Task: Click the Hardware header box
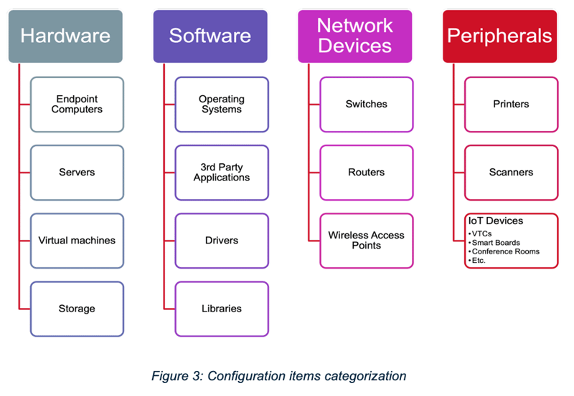pos(65,36)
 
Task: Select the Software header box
pos(210,36)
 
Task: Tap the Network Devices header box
pos(354,36)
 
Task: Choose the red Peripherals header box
pos(499,36)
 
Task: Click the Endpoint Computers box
pos(77,105)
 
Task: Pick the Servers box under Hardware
pos(77,173)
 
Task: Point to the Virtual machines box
pos(77,241)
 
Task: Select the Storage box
pos(77,309)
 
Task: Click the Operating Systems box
pos(222,105)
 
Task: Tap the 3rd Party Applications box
pos(222,173)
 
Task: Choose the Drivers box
pos(222,241)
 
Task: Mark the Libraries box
pos(222,309)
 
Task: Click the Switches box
pos(367,105)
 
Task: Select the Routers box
pos(367,173)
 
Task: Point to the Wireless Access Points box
pos(367,241)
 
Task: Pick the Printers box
pos(511,105)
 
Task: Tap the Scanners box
pos(511,173)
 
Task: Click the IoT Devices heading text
pos(495,221)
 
